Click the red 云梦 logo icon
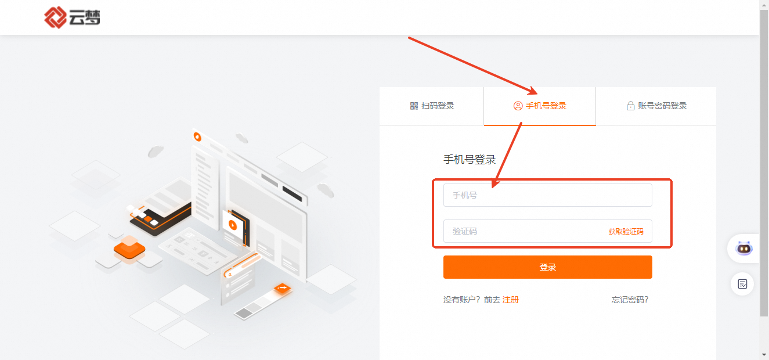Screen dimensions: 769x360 55,17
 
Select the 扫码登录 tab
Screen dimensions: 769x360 432,106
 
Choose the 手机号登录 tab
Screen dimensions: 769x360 540,106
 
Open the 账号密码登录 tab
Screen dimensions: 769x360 656,106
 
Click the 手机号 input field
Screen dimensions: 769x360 547,195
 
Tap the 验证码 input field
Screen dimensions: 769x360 525,231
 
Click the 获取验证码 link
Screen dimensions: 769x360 626,232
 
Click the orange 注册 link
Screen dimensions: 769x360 511,300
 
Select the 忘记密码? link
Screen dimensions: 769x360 630,300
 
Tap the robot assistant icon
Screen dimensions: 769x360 744,248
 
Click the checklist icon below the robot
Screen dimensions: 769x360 742,284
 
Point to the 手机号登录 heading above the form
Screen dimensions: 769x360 470,160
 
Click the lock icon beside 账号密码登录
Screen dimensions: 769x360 631,106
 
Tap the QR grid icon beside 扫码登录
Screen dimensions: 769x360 414,106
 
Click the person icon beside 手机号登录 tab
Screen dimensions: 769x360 518,106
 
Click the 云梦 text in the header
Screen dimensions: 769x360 85,17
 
